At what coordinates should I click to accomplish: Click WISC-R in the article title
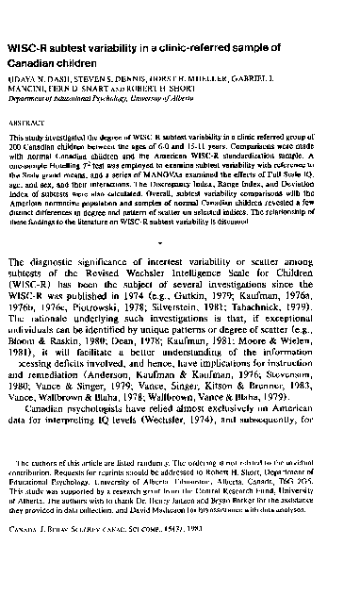(29, 46)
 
